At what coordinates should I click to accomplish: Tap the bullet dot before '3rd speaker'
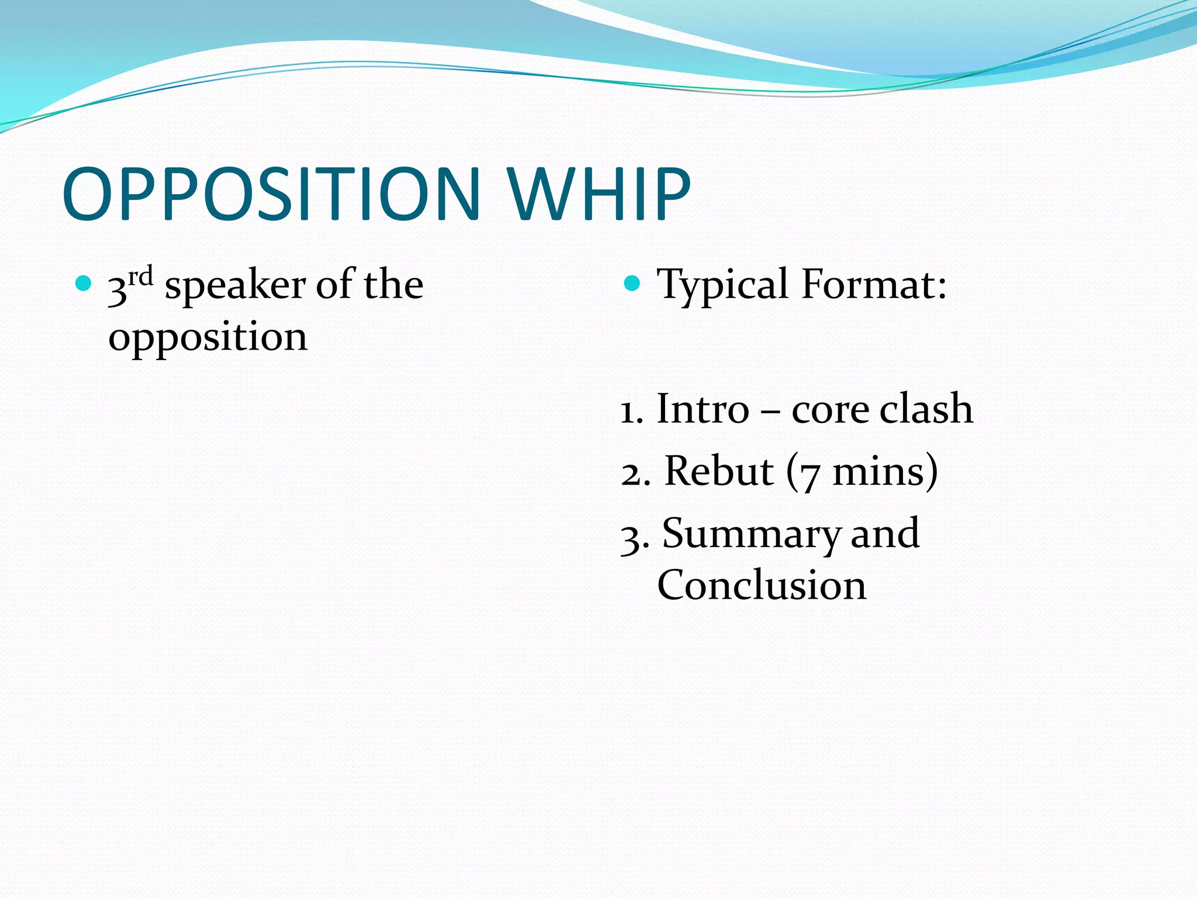84,284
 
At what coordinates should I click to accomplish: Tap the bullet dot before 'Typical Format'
632,284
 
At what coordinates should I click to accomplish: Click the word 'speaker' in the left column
235,286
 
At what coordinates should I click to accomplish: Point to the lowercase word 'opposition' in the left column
207,338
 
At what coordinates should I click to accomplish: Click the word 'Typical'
722,286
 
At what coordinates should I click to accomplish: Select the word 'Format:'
874,285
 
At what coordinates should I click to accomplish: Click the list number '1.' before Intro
632,411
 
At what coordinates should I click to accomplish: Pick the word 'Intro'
703,409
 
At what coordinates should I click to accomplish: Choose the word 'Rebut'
719,471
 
